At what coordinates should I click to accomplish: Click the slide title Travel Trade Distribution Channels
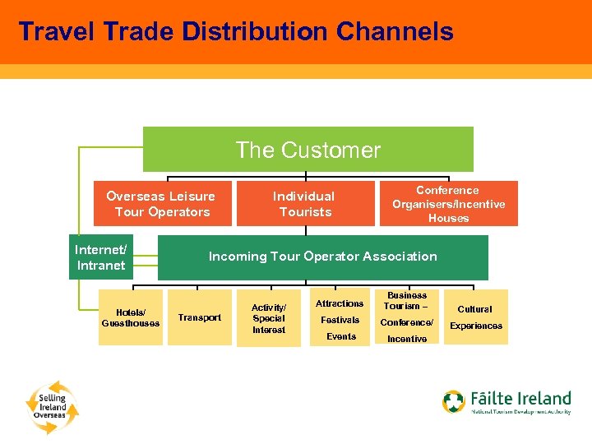(x=235, y=31)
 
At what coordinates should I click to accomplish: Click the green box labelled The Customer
(x=308, y=150)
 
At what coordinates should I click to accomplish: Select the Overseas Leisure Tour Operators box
(x=162, y=204)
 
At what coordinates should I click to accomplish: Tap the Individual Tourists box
(x=304, y=204)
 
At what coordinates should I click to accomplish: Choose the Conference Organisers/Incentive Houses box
(x=448, y=204)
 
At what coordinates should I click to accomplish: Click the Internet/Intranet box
(x=100, y=257)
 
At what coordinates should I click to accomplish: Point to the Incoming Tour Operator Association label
(x=322, y=257)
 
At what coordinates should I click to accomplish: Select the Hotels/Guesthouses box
(x=131, y=317)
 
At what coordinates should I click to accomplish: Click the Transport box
(x=199, y=317)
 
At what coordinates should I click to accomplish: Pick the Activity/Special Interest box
(x=269, y=318)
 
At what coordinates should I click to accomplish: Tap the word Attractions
(x=340, y=303)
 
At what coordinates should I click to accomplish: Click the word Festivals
(x=340, y=320)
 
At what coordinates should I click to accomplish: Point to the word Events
(x=341, y=336)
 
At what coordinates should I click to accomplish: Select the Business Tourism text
(x=407, y=300)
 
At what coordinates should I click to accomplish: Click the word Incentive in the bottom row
(x=407, y=339)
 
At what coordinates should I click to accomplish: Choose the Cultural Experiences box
(x=475, y=317)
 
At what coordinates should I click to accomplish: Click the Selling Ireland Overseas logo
(x=51, y=405)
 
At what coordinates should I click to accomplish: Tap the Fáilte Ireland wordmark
(x=520, y=399)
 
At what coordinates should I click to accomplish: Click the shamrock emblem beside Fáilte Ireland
(x=454, y=402)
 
